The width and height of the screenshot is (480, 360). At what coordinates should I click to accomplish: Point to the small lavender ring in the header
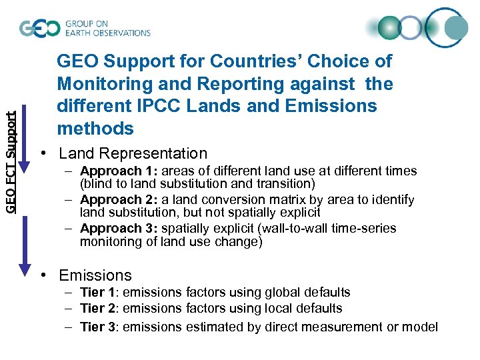[411, 28]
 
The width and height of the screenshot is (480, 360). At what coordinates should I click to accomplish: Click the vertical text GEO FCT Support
[11, 162]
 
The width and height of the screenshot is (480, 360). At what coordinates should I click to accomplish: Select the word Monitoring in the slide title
[95, 84]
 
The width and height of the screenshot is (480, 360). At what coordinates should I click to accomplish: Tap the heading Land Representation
[133, 153]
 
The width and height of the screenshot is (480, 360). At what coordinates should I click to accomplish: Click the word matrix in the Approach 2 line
[249, 200]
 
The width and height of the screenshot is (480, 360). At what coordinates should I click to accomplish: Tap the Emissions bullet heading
[95, 275]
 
